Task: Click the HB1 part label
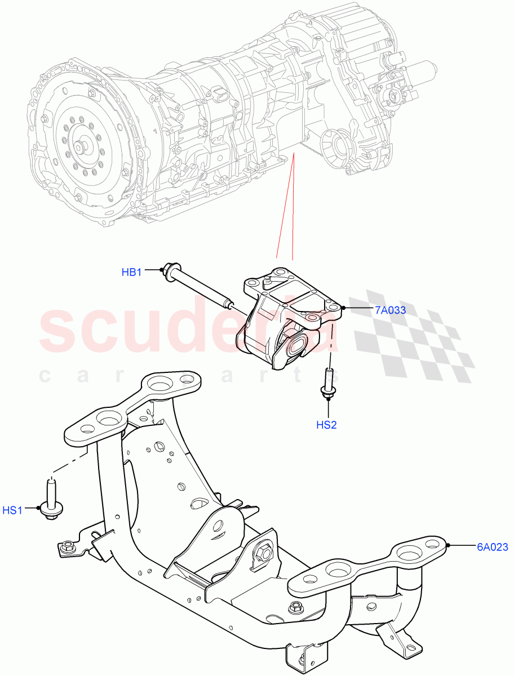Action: [x=131, y=273]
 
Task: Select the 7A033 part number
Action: [x=390, y=310]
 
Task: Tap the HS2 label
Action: [x=326, y=425]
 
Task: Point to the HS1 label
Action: [x=12, y=510]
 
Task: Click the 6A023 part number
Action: [x=493, y=546]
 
